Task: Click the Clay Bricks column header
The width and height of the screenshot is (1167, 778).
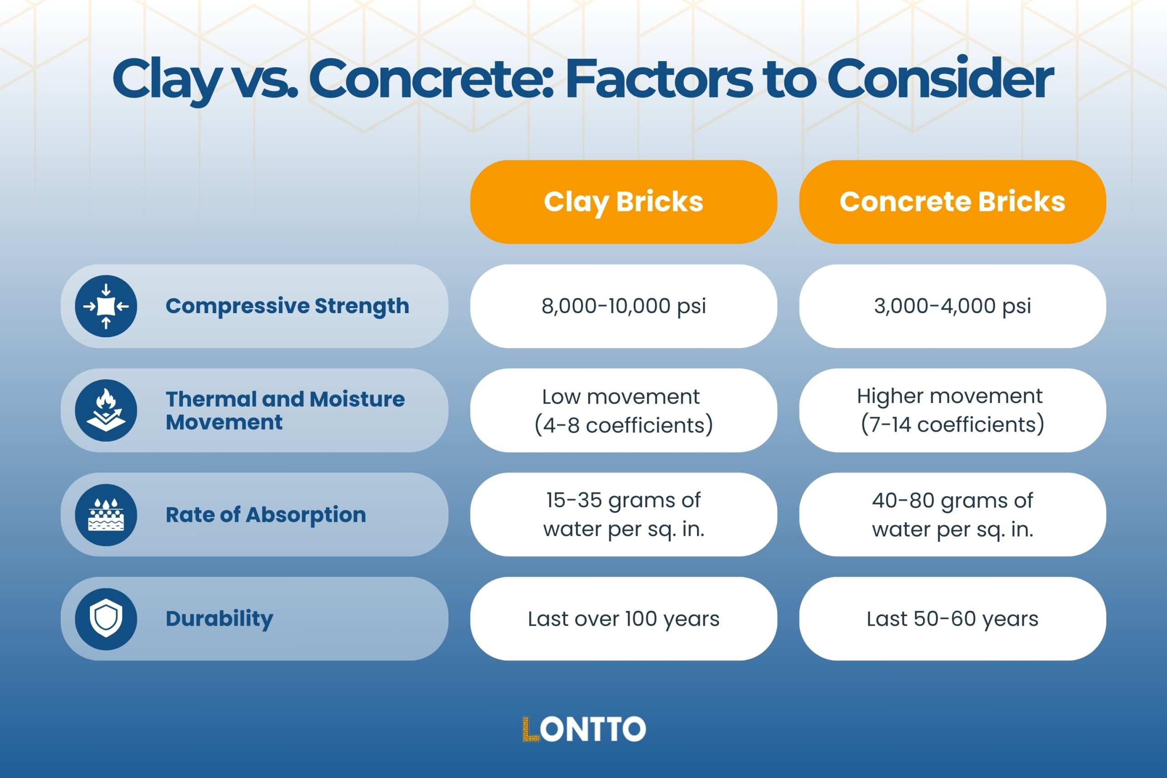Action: tap(623, 201)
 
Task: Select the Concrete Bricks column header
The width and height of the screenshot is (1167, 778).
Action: tap(952, 201)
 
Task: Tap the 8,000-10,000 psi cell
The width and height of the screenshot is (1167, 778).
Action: tap(623, 306)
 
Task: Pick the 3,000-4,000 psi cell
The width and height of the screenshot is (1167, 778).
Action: tap(952, 306)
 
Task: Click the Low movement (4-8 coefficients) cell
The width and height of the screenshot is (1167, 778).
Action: tap(623, 410)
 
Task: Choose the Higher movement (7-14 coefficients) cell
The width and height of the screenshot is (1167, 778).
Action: tap(952, 410)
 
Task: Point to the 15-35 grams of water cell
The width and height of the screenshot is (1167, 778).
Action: tap(623, 515)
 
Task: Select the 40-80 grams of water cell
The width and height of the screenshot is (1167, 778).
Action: tap(952, 515)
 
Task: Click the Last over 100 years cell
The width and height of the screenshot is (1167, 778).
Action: tap(623, 619)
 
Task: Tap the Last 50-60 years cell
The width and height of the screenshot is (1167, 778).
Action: tap(952, 619)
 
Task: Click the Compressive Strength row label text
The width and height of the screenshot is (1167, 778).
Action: tap(287, 306)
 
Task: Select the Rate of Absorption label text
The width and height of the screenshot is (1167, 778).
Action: tap(265, 515)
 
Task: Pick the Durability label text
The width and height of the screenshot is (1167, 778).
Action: tap(219, 619)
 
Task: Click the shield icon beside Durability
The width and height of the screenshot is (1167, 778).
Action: tap(106, 619)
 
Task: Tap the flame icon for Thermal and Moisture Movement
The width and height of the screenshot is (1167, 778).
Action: tap(106, 410)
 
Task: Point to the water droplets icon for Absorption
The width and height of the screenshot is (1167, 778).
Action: tap(106, 515)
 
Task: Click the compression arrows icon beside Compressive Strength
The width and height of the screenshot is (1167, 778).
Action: tap(106, 306)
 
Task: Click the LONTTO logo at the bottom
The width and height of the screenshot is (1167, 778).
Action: tap(583, 729)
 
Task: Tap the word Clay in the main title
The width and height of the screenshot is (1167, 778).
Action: tap(166, 79)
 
